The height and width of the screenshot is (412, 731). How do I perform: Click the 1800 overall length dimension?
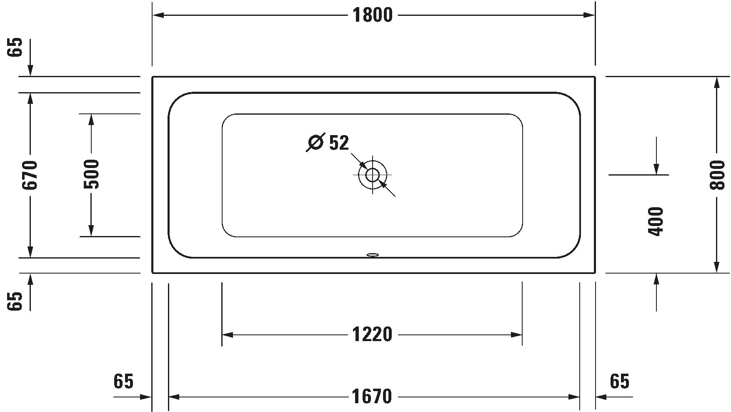point(373,15)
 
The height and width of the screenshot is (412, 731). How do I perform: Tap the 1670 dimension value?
point(372,397)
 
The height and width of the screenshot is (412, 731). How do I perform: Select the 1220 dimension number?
point(372,334)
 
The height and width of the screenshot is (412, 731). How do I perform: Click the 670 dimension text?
point(30,175)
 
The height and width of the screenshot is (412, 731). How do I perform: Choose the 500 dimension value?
point(91,174)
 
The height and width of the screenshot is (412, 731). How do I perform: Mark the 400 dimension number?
point(656,221)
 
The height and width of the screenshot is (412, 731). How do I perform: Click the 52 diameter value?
point(339,143)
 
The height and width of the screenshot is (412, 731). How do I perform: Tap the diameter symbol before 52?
point(315,143)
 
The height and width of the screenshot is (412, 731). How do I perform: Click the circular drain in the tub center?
point(373,175)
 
